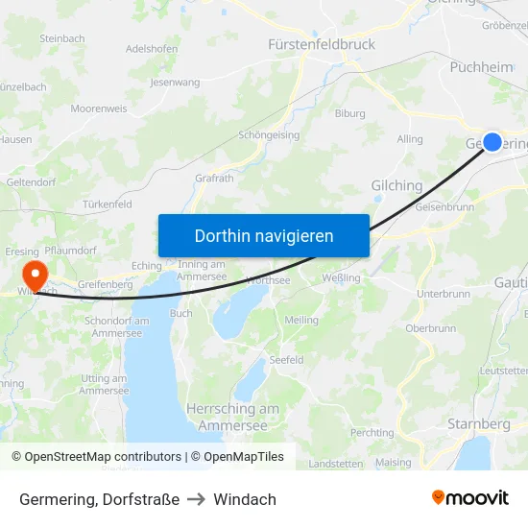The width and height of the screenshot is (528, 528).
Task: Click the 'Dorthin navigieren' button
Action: [x=264, y=235]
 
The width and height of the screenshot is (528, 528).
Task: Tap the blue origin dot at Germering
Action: [x=492, y=141]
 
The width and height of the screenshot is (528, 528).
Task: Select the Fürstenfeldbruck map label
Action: [x=321, y=44]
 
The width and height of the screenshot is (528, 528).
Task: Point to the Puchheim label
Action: [x=481, y=67]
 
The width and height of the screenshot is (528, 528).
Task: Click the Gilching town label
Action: [x=396, y=186]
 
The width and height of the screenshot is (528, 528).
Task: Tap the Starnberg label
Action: [x=478, y=423]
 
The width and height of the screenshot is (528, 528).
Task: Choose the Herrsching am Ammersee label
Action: [x=232, y=416]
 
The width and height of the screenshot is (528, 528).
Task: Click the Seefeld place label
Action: [x=286, y=360]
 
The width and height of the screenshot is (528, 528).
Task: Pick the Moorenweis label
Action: [x=99, y=108]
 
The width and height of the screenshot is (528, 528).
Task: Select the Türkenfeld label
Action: [x=107, y=204]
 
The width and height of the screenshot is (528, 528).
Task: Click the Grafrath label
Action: [x=213, y=178]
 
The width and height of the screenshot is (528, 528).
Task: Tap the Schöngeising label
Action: [x=269, y=135]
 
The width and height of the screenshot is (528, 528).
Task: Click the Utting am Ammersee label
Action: [x=104, y=385]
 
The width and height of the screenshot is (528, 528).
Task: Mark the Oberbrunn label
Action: [x=430, y=327]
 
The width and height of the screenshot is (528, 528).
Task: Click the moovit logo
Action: [x=470, y=498]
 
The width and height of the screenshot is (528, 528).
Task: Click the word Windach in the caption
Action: [x=245, y=499]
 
